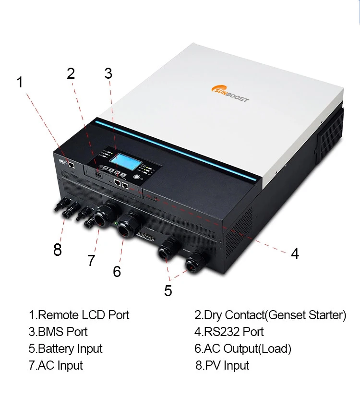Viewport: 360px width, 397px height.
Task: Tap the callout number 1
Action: click(20, 82)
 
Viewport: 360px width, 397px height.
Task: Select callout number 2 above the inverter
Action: click(71, 73)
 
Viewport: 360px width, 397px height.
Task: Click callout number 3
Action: click(108, 73)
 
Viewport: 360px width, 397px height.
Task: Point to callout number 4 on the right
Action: click(295, 253)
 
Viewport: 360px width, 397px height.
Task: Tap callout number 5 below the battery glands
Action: click(168, 291)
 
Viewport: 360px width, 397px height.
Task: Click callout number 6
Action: click(117, 271)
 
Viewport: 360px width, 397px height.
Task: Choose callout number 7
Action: click(91, 261)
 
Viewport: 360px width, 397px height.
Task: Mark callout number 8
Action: click(58, 250)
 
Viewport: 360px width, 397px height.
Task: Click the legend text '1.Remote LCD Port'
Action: click(79, 315)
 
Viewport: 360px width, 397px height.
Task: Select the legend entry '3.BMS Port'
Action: click(58, 332)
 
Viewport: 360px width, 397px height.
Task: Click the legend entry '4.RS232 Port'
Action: click(229, 332)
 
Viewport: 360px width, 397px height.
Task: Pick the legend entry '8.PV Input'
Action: click(222, 365)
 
